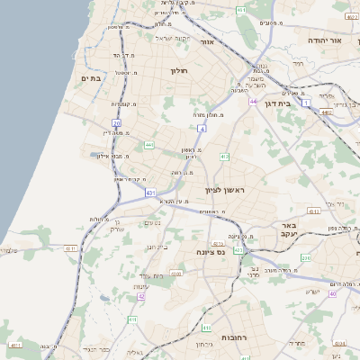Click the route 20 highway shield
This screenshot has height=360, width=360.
point(116,122)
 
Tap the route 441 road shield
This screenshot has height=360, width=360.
point(148,144)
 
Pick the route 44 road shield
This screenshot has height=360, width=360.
point(254,102)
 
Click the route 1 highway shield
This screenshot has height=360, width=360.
point(306,103)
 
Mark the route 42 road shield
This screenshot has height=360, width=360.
point(140,296)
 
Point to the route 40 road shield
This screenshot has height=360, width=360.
point(331,293)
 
